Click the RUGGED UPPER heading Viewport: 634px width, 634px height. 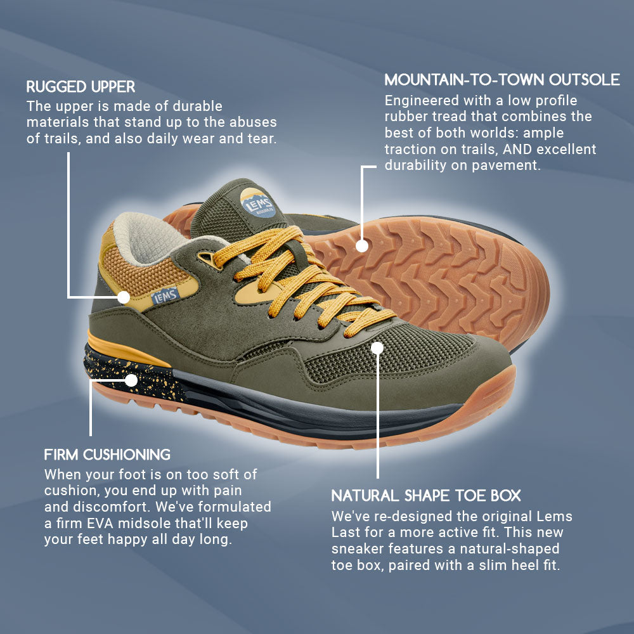81,86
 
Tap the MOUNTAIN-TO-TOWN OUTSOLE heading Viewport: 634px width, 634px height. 502,80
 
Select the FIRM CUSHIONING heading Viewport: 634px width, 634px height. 107,455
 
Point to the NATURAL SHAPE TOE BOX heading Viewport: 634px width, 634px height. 426,495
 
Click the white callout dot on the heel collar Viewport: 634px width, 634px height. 124,297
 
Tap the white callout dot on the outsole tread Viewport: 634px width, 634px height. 362,246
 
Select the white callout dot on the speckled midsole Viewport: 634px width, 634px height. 131,380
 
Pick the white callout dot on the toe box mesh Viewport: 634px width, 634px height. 377,347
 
